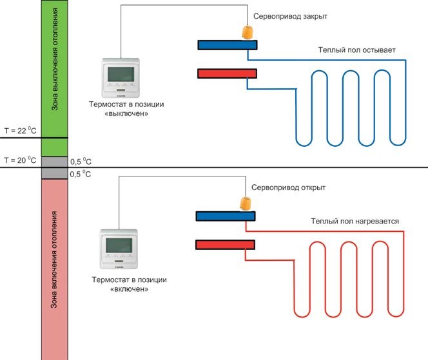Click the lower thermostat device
pyautogui.click(x=121, y=249)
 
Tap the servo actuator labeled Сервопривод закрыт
pyautogui.click(x=247, y=32)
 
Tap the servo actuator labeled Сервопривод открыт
pyautogui.click(x=246, y=203)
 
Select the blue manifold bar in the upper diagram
pyautogui.click(x=227, y=45)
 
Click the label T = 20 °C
pyautogui.click(x=21, y=160)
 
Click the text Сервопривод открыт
pyautogui.click(x=291, y=188)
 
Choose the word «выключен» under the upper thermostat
pyautogui.click(x=129, y=113)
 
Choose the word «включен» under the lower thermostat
pyautogui.click(x=129, y=289)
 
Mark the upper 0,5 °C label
pyautogui.click(x=81, y=162)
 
